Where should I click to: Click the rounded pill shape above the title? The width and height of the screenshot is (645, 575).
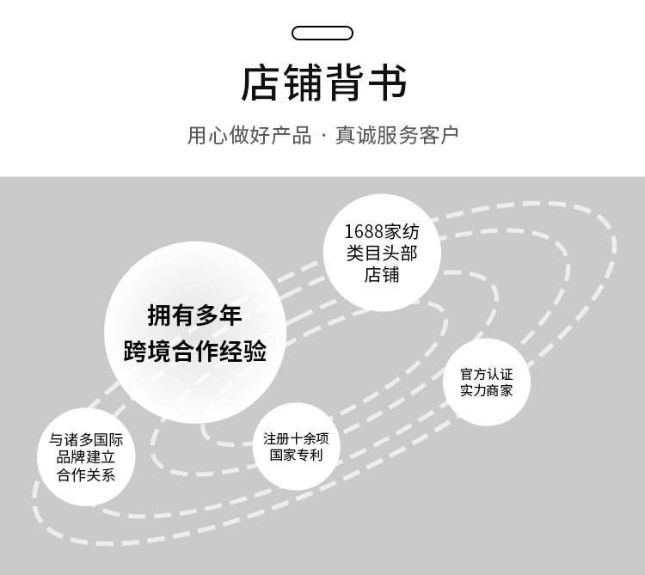point(322,34)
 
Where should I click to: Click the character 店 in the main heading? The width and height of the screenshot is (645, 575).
point(261,84)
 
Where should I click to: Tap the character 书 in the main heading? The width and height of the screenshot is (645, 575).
point(386,84)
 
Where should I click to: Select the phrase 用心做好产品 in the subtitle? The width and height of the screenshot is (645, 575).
point(249,136)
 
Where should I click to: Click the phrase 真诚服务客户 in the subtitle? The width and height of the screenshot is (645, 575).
point(397,136)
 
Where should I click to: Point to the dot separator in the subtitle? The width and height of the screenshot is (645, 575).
point(323,137)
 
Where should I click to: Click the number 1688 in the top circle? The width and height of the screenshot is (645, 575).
point(362,232)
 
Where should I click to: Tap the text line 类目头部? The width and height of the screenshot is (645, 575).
point(381,254)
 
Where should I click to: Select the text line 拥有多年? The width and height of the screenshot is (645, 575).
point(194,316)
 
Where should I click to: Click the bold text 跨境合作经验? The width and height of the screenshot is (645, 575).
point(194,352)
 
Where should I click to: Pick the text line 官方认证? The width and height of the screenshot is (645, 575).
point(486,375)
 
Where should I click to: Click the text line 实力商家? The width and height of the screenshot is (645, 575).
point(486,391)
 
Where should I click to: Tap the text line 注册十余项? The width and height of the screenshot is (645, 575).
point(296,438)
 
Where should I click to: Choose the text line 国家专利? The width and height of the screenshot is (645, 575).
point(296,456)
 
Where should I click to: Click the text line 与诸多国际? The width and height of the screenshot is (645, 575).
point(86,440)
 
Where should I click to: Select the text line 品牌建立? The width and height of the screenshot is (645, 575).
point(86,457)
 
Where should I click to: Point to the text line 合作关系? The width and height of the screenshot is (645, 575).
point(86,474)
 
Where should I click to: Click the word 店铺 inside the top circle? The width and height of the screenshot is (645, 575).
point(381,275)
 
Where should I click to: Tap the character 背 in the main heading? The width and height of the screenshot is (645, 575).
point(344,84)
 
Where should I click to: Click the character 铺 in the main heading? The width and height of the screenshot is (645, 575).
point(303,84)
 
